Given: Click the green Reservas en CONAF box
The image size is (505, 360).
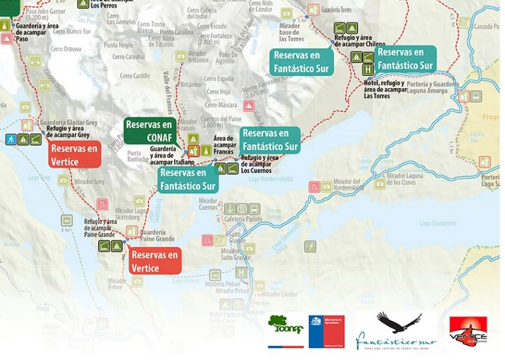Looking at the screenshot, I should coord(149,130).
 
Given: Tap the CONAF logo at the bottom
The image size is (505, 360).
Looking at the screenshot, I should coord(285,327).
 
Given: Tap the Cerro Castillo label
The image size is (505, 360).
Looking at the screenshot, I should coord(136,76).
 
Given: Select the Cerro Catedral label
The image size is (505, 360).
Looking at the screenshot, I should coord(127,56).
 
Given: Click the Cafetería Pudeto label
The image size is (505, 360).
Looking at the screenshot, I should coord(243,219).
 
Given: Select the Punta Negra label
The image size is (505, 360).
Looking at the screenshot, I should coord(118,45).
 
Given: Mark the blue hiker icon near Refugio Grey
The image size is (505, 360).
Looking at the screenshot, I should coord(11,140).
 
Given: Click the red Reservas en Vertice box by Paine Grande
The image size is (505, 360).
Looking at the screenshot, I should coord(155,261).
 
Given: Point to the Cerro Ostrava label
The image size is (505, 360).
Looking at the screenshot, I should coord(66,48).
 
